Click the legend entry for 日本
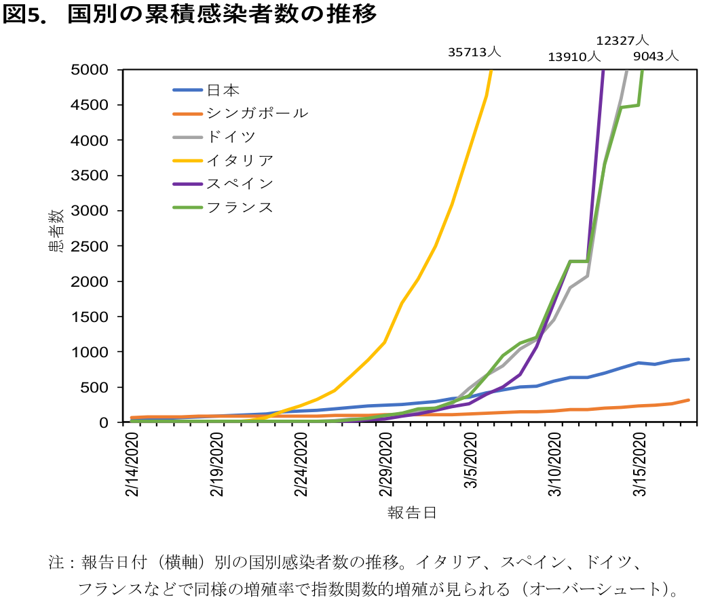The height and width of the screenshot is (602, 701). (206, 90)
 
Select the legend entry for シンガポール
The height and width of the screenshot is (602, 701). (240, 113)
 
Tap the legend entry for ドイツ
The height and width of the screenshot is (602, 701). (214, 137)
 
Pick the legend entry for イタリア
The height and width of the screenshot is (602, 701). (223, 160)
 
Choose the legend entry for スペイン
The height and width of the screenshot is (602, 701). (223, 184)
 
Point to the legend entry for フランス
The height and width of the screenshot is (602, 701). (223, 207)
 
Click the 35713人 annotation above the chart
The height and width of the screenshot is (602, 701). (474, 52)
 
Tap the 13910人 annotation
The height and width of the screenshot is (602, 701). (575, 57)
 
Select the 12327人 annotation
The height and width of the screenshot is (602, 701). (623, 41)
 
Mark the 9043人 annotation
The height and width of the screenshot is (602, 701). (656, 56)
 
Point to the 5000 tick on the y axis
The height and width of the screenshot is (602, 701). (90, 70)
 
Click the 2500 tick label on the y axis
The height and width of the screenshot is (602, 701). (90, 246)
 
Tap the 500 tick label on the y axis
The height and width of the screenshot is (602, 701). (94, 387)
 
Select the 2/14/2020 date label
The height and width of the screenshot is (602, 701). (132, 464)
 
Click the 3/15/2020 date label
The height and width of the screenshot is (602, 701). (639, 464)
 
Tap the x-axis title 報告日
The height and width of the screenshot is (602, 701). (412, 513)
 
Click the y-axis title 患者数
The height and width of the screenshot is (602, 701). (57, 231)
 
